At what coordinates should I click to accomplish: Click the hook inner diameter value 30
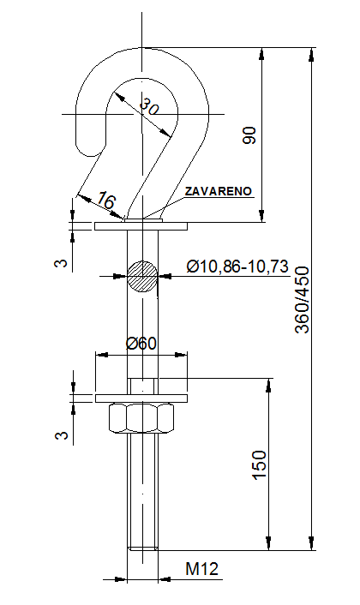(x=151, y=108)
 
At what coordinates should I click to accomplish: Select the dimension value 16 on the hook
(x=105, y=201)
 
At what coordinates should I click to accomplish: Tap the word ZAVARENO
(x=218, y=191)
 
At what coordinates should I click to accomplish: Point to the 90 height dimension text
(x=249, y=135)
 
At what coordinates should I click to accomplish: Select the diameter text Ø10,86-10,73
(x=237, y=267)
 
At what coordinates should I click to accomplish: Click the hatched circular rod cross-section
(x=142, y=275)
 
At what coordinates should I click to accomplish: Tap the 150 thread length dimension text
(x=260, y=465)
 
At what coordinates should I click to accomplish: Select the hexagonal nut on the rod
(x=142, y=419)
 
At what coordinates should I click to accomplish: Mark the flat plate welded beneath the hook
(x=142, y=226)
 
